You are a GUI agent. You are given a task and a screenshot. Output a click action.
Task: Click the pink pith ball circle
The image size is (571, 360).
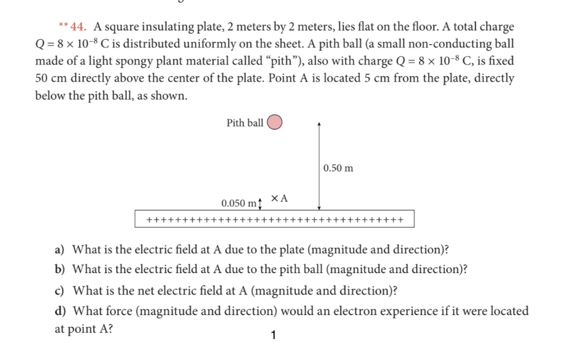point(275,122)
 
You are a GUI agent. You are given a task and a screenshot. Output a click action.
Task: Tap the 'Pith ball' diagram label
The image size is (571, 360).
point(244,123)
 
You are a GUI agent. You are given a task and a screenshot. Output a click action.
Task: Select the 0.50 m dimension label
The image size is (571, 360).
point(338,168)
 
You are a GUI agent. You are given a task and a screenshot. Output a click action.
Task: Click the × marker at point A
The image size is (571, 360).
point(274,198)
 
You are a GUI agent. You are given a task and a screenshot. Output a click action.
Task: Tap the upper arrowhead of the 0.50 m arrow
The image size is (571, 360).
point(319,123)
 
